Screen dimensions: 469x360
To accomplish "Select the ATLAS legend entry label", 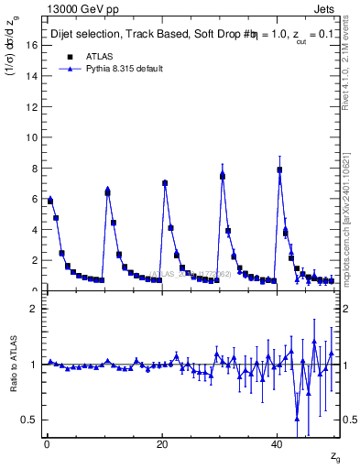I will (99, 56).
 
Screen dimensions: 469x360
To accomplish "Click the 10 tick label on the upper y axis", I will (33, 137).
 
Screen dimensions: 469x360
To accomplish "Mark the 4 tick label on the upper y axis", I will (36, 230).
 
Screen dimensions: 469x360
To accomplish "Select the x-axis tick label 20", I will (162, 444).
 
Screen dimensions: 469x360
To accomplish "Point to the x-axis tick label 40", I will (277, 444).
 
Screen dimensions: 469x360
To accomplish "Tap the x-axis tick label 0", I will (47, 444).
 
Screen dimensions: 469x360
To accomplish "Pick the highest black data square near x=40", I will (279, 169).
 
